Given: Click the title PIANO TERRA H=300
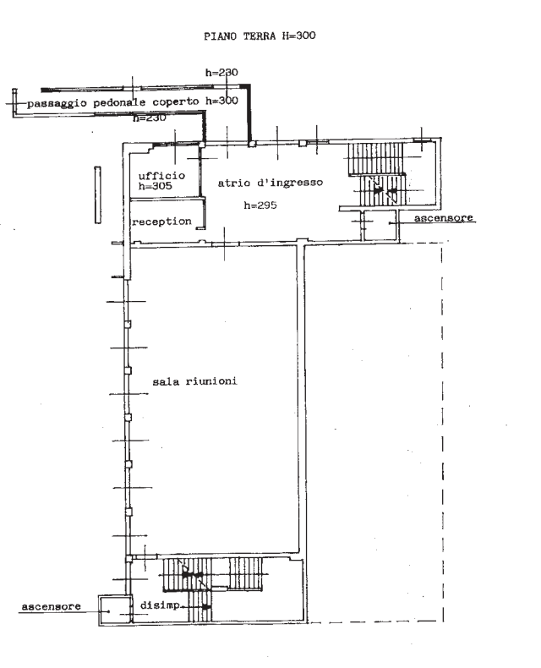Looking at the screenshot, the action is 260,36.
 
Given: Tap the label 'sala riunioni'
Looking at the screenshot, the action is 194,381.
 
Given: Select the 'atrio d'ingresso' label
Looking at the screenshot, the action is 270,183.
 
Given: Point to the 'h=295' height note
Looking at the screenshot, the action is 260,205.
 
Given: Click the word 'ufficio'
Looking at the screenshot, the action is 161,175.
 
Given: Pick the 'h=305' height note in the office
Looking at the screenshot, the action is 155,186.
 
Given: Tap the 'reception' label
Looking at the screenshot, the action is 161,222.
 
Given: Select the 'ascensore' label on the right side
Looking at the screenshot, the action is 444,217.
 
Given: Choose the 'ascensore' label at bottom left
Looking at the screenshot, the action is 51,606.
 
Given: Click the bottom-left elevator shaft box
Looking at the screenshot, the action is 114,611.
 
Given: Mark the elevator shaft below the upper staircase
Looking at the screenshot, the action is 380,226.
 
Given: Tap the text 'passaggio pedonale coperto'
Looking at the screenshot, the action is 113,103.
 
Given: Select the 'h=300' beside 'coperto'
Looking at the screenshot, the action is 221,101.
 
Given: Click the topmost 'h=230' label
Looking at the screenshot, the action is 221,73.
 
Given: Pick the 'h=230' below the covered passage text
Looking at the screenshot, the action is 149,118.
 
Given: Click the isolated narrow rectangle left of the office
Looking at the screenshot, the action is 97,194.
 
